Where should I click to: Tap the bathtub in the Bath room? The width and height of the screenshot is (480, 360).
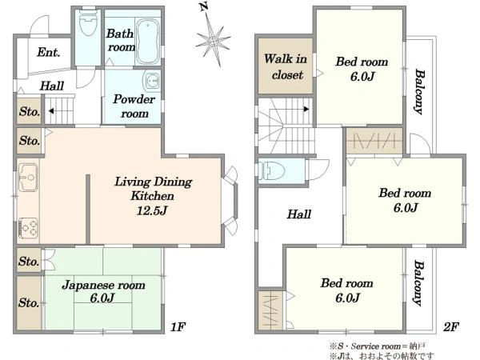click(148, 42)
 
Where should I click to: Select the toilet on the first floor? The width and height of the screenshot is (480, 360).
click(87, 22)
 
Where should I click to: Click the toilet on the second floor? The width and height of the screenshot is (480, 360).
click(272, 170)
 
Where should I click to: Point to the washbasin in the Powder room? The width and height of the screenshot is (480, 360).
click(152, 81)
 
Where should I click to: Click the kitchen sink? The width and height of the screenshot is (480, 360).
click(28, 178)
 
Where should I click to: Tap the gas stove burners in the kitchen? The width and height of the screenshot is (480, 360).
click(29, 228)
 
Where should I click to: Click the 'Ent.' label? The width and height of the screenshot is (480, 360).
click(48, 52)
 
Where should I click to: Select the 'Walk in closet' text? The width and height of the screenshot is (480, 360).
click(286, 66)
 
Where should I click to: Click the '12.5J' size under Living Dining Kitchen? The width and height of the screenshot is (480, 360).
click(152, 210)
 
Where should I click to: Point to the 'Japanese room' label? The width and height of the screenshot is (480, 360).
click(103, 286)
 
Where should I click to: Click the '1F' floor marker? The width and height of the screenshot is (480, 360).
click(178, 327)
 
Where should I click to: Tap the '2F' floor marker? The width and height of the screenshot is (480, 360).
click(450, 327)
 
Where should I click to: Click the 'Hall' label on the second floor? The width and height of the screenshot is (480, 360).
click(298, 214)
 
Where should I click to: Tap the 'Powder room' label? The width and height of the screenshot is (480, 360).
click(134, 106)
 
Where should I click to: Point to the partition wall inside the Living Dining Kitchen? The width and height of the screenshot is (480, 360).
click(88, 209)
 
